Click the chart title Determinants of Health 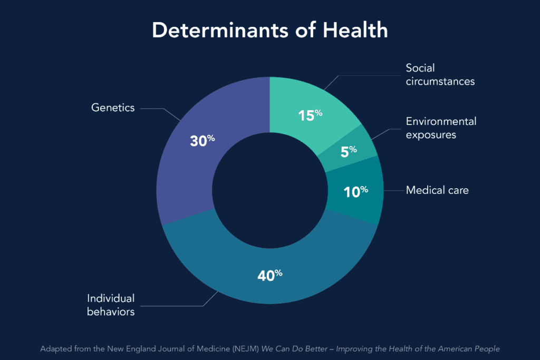269,30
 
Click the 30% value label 202,141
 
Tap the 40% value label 270,275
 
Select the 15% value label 310,115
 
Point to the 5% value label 349,151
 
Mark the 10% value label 356,191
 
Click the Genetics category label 113,108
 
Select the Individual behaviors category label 111,305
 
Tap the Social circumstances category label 440,75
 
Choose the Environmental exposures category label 440,128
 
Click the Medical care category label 437,190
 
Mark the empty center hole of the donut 269,190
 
